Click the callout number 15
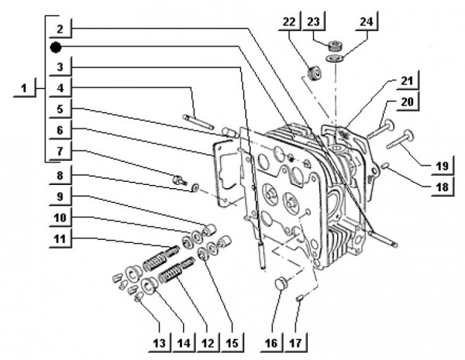click(230, 341)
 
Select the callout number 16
click(271, 341)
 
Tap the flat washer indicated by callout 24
click(333, 57)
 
